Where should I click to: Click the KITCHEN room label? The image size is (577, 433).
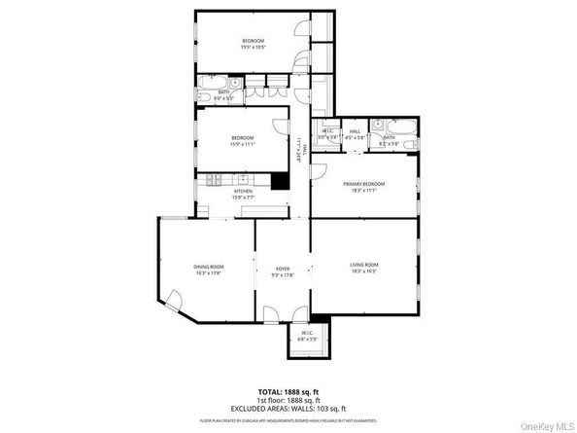(243, 191)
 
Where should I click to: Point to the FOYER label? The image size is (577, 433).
(283, 269)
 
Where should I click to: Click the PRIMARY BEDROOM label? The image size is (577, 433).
(363, 184)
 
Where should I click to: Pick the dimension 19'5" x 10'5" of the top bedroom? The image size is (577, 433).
(254, 47)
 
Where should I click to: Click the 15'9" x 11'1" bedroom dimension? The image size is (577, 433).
(243, 144)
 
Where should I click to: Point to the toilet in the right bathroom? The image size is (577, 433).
(415, 145)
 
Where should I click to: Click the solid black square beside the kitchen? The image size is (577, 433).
(281, 180)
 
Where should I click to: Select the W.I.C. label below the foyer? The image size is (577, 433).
(307, 333)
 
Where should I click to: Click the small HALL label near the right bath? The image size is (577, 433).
(355, 131)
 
